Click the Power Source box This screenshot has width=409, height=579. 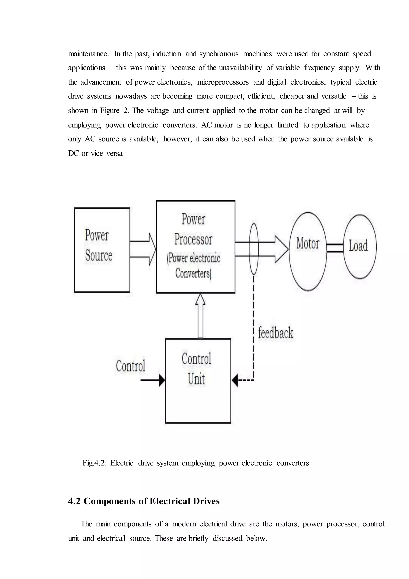[x=102, y=250]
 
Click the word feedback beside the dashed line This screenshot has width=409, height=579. [x=276, y=333]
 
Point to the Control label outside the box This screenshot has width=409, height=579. [x=130, y=366]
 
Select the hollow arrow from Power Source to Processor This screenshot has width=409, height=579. [x=143, y=249]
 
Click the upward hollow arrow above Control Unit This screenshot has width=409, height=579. [x=200, y=315]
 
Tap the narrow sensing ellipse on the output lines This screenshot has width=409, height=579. [x=254, y=249]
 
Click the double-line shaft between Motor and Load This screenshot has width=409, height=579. [x=335, y=248]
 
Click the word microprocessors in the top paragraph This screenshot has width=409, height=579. [x=223, y=82]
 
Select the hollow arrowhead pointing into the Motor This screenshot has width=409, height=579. [x=282, y=249]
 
